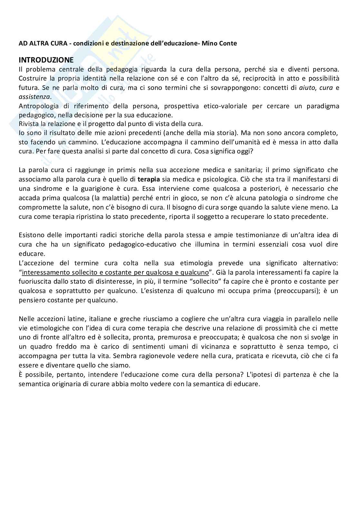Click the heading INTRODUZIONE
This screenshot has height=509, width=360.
click(x=46, y=60)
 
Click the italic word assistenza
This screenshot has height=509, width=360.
click(x=34, y=97)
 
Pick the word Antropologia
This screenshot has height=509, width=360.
click(x=39, y=106)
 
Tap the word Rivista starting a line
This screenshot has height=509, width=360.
click(x=29, y=124)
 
